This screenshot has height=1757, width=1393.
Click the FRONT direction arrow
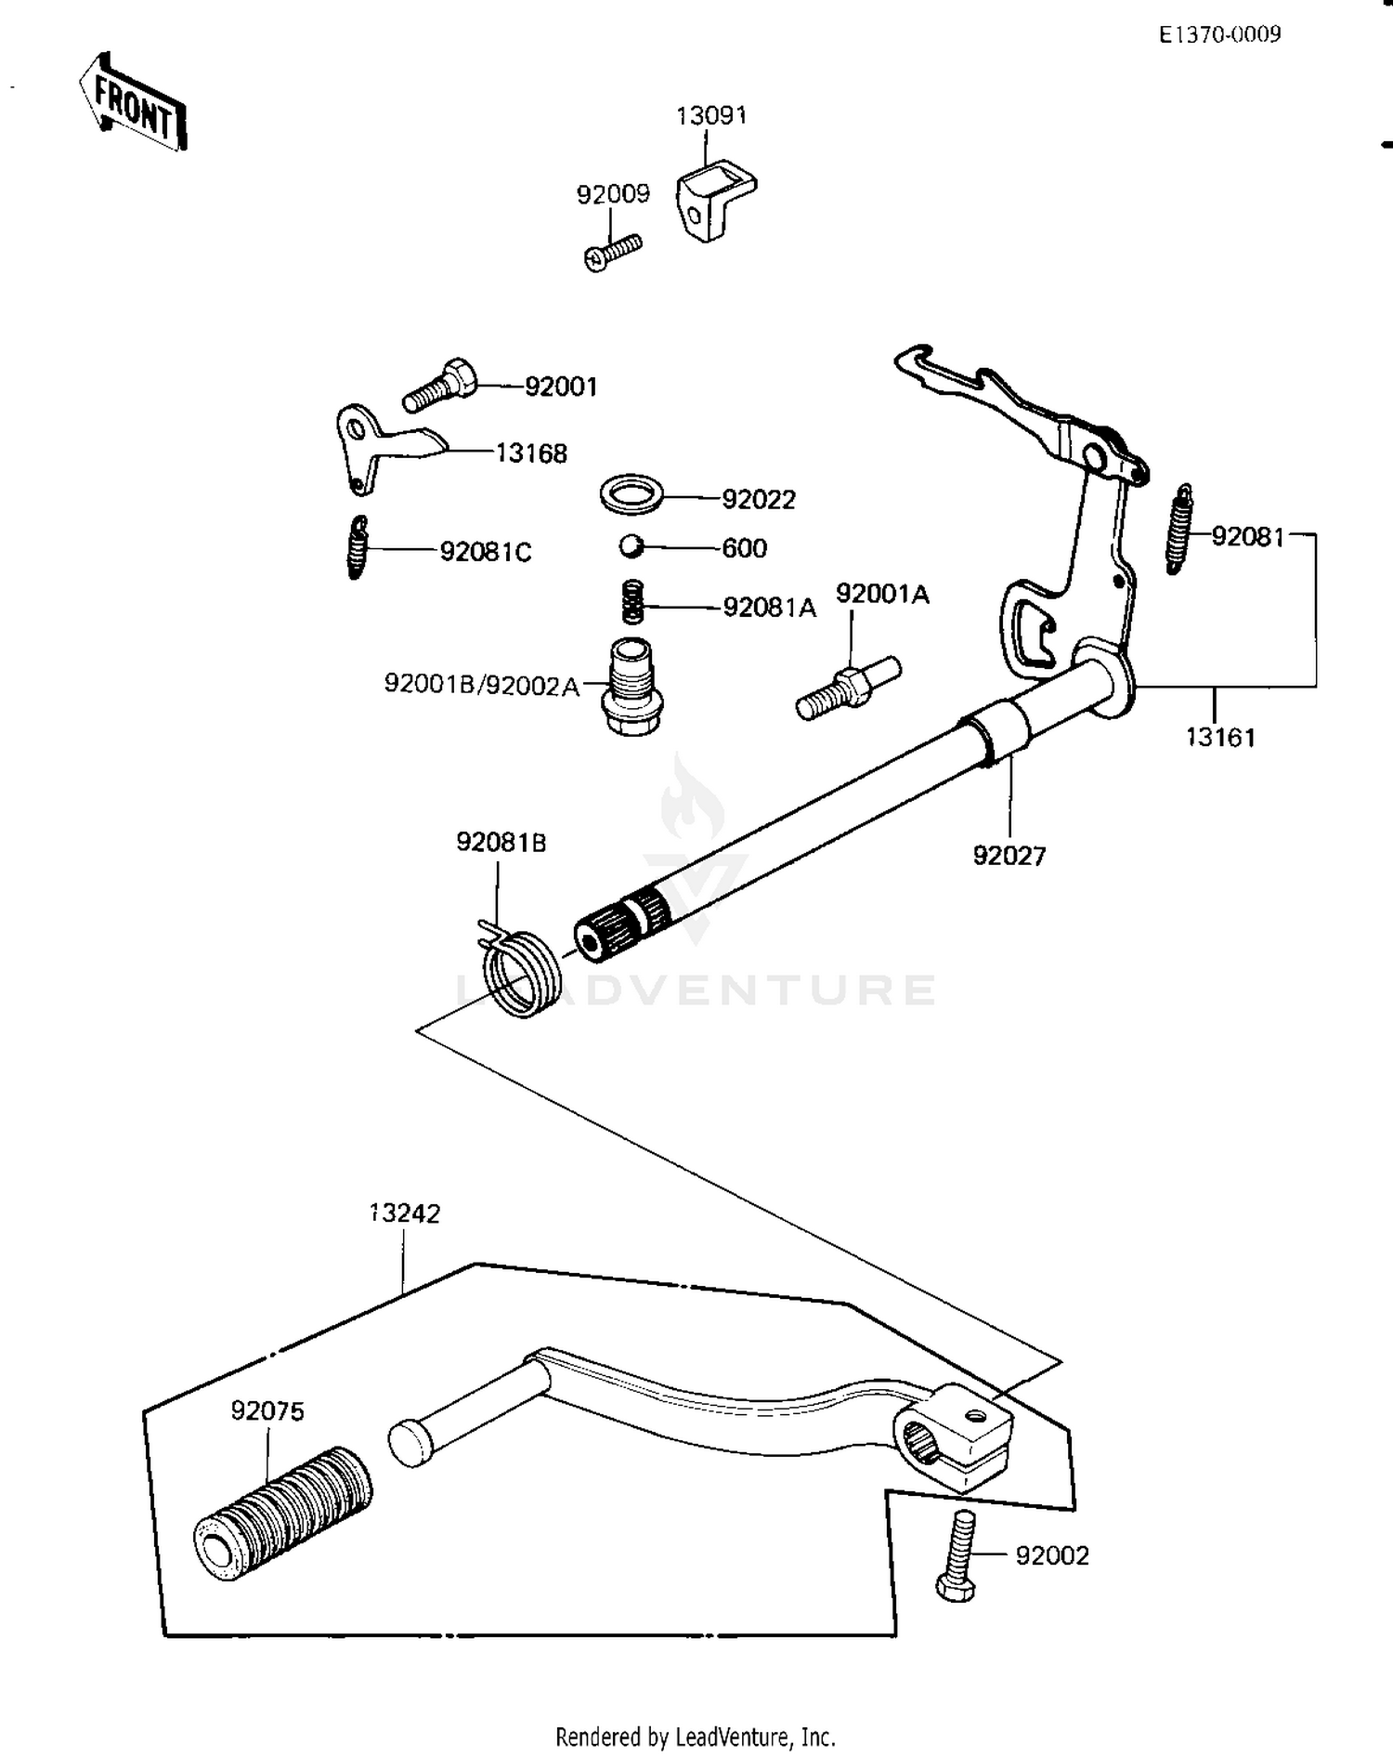132,101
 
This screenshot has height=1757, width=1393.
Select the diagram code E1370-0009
1218,34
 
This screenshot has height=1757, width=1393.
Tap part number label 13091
710,115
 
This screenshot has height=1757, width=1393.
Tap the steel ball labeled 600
631,546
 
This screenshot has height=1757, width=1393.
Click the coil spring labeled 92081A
632,602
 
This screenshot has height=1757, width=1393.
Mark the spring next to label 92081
1179,530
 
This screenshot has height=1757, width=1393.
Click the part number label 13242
405,1213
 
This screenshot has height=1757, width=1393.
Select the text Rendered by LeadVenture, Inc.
695,1736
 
